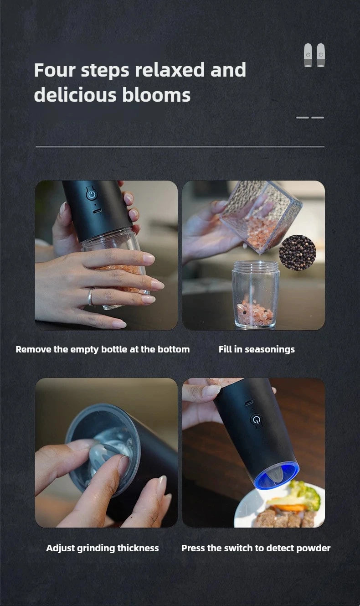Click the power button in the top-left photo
point(92,194)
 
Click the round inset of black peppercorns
point(297,253)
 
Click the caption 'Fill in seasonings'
point(257,349)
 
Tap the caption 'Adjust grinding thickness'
point(103,548)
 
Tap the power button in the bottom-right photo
point(256,420)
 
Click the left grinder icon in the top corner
point(309,55)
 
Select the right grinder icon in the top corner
point(321,55)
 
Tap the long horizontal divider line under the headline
point(180,147)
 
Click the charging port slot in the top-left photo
point(97,212)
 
